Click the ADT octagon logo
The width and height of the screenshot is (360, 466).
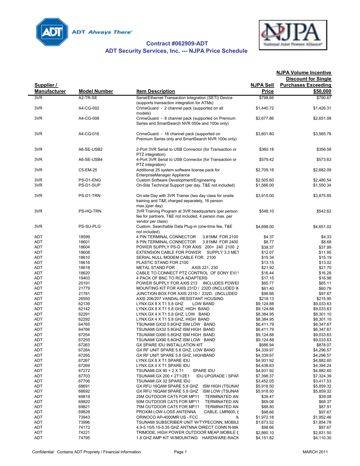pyautogui.click(x=52, y=32)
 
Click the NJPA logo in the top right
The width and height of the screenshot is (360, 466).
pyautogui.click(x=293, y=35)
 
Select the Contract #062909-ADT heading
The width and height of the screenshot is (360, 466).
pyautogui.click(x=177, y=43)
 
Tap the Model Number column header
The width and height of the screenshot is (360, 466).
pyautogui.click(x=96, y=91)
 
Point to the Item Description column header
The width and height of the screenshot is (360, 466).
pyautogui.click(x=156, y=91)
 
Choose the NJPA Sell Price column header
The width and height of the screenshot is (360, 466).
pyautogui.click(x=262, y=88)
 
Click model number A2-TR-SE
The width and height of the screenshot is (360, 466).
pyautogui.click(x=88, y=98)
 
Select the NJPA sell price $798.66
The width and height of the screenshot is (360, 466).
pyautogui.click(x=266, y=98)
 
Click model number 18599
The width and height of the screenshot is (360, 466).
pyautogui.click(x=84, y=237)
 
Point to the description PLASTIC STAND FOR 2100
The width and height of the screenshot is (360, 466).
pyautogui.click(x=162, y=262)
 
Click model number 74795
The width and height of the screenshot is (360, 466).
pyautogui.click(x=84, y=438)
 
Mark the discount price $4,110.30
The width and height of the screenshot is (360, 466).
pyautogui.click(x=322, y=438)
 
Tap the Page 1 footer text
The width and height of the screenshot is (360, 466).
pyautogui.click(x=180, y=452)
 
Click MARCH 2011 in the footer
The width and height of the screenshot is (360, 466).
pyautogui.click(x=315, y=452)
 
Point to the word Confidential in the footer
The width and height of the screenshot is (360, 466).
pyautogui.click(x=43, y=452)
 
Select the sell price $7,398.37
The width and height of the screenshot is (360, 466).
pyautogui.click(x=265, y=376)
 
